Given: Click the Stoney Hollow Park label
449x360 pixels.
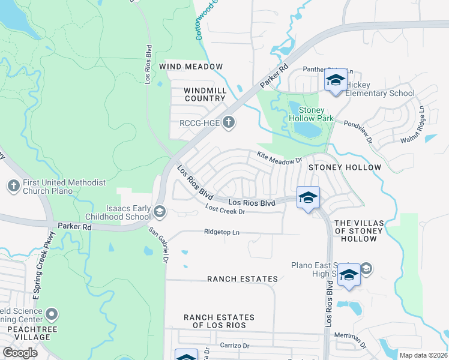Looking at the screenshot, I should coord(311,115).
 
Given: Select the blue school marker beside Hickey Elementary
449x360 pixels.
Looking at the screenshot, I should coord(335,81).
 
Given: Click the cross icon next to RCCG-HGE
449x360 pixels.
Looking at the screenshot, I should coord(228,124).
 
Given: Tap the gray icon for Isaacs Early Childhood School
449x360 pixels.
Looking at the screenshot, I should coord(160,211).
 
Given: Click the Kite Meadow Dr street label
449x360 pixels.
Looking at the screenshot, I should coord(279,158).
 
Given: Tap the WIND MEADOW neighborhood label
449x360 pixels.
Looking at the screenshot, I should coord(191,67).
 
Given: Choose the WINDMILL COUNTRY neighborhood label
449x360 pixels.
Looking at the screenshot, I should coord(205,94).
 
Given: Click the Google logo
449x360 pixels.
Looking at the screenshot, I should coord(20,352).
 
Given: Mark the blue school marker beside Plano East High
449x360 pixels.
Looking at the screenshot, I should coord(348,276).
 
